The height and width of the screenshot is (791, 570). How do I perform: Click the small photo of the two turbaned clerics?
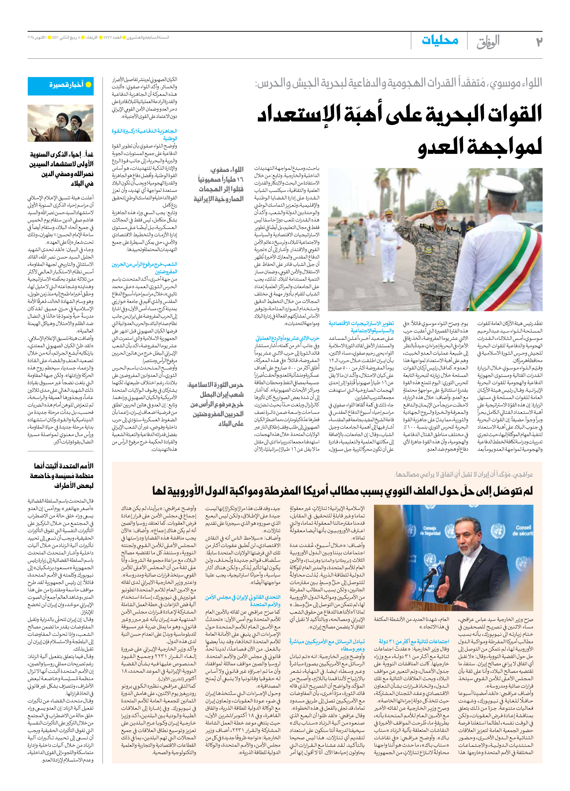tap(61, 123)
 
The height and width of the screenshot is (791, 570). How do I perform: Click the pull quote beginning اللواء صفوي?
tap(219, 184)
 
